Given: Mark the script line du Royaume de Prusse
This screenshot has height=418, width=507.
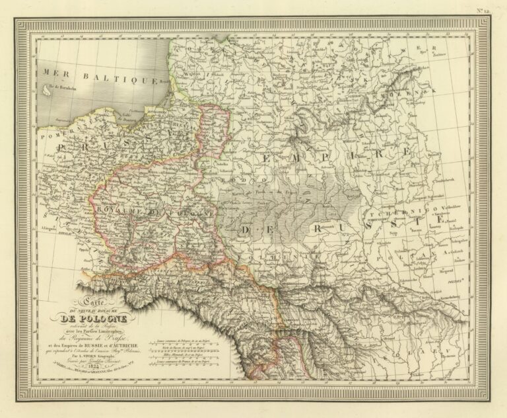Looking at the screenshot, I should (104, 335).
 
